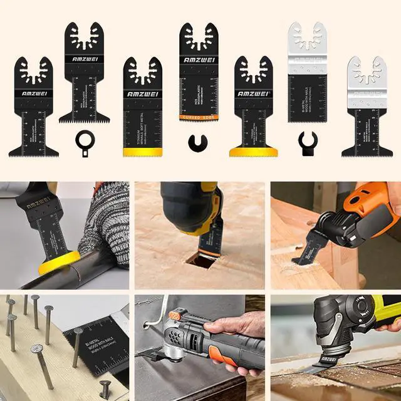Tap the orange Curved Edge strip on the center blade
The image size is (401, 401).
199,117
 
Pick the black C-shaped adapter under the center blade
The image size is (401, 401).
199,142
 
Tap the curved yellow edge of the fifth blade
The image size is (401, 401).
253,151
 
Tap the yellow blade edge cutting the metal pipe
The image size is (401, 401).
60,263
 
